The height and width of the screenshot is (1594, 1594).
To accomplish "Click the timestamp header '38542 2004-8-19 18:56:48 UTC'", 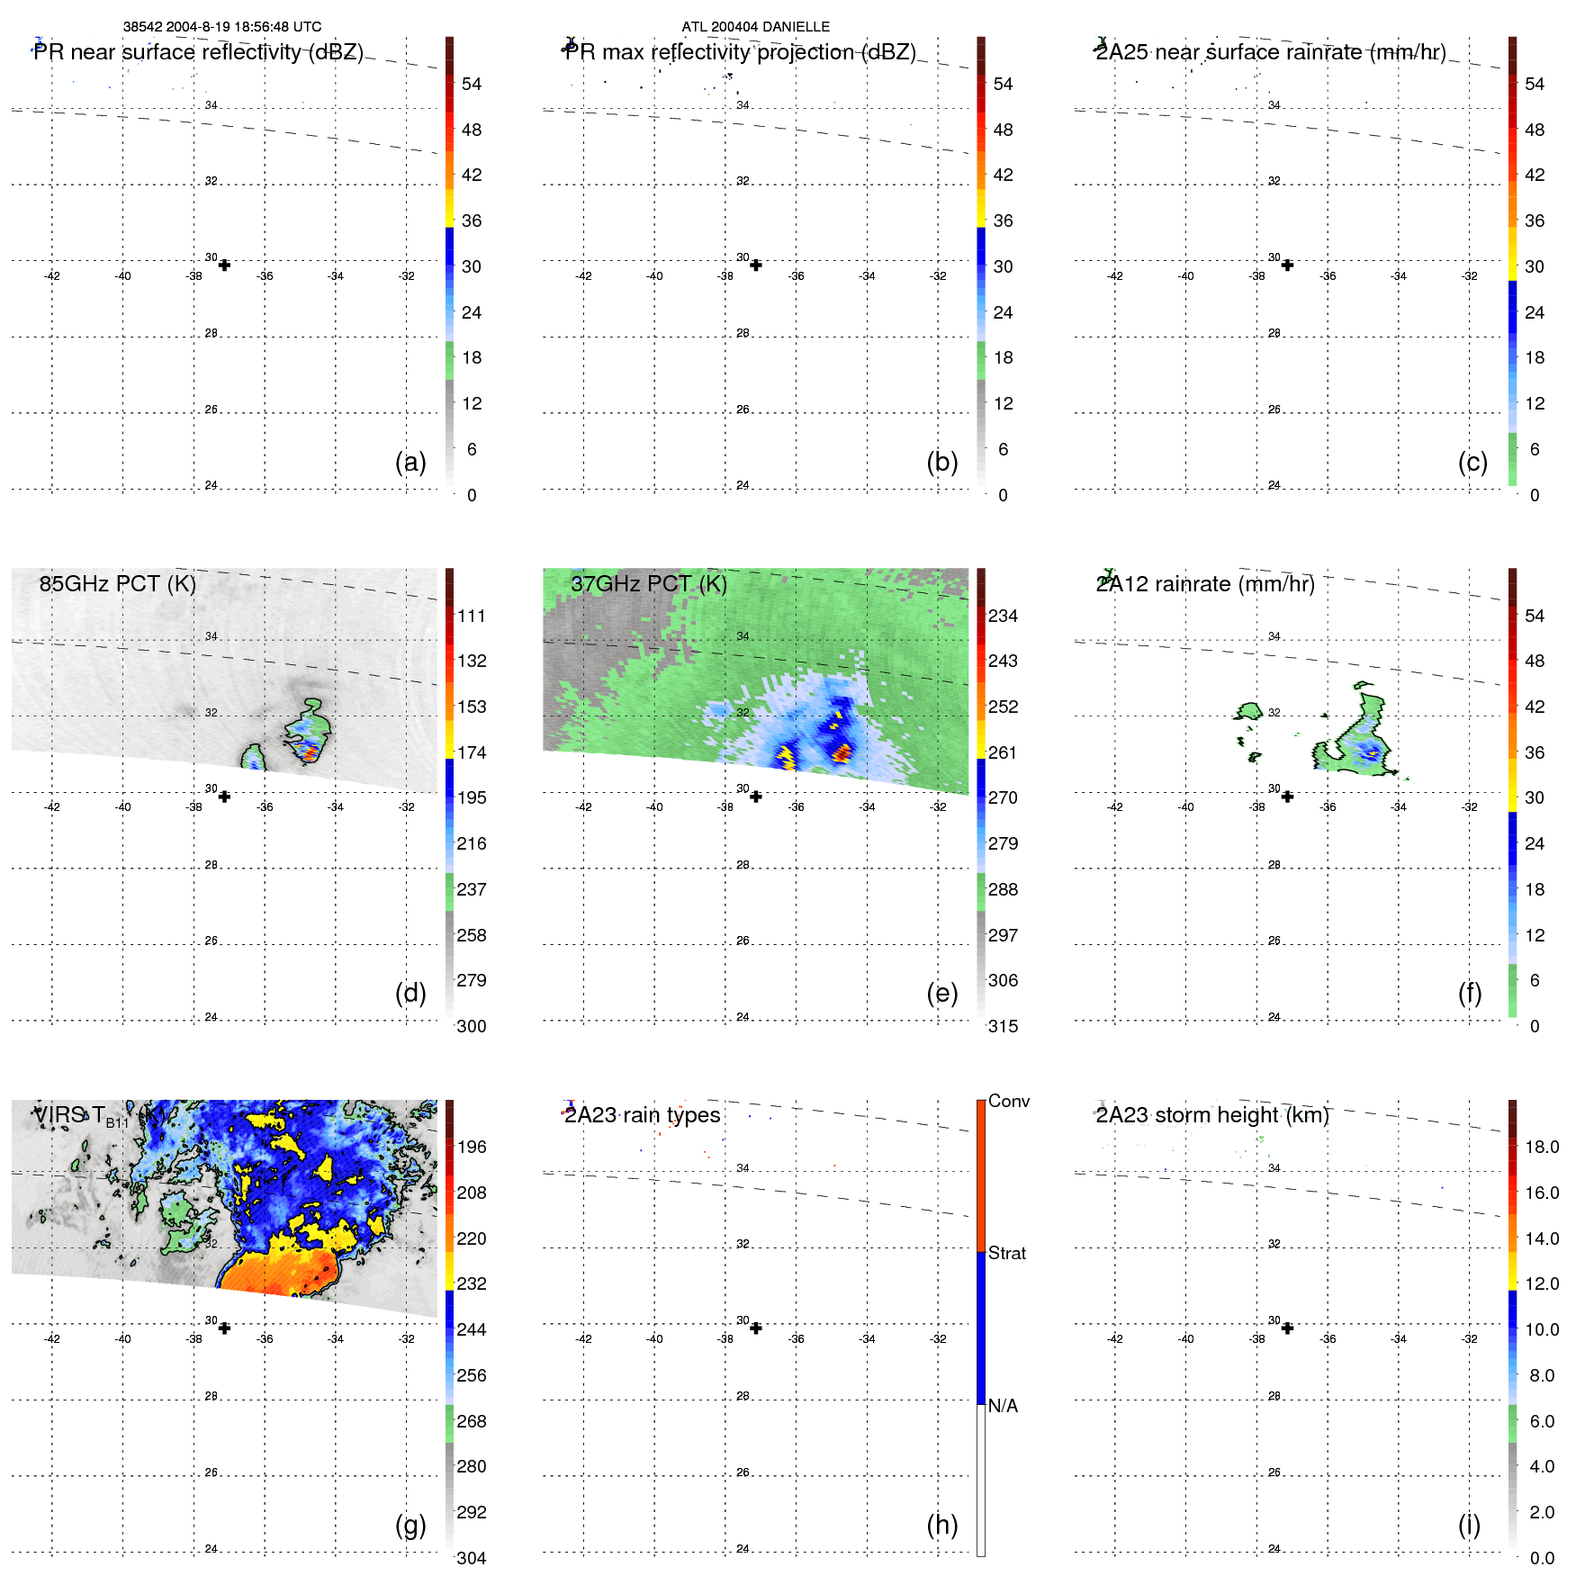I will coord(221,27).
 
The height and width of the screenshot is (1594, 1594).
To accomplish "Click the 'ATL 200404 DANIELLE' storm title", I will coord(755,27).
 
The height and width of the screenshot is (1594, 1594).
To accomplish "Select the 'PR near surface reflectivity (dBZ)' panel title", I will coord(198,52).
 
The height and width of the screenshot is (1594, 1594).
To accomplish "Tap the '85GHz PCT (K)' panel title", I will coord(117,584).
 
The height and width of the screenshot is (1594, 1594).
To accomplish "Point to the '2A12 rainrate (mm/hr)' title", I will coord(1205,584).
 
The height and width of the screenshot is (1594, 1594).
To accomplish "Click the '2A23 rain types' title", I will coord(642,1115).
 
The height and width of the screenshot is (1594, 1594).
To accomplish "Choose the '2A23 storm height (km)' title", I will coord(1211,1115).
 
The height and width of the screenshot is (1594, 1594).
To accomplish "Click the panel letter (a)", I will coord(410,462).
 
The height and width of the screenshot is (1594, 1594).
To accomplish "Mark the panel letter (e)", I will coord(941,993).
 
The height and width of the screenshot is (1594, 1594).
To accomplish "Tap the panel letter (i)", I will coord(1469,1525).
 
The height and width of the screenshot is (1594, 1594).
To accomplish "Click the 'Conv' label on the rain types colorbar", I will coord(1008,1101).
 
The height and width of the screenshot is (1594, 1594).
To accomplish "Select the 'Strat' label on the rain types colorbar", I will coord(1006,1253).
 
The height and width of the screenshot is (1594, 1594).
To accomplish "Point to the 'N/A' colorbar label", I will coord(1003,1406).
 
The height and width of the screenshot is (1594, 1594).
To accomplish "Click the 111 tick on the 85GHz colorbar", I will coord(472,616).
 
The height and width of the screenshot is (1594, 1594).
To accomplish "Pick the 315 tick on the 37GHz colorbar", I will coord(1003,1026).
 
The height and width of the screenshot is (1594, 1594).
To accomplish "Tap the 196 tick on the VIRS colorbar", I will coord(472,1147).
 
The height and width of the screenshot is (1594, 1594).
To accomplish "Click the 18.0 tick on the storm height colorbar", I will coord(1541,1147).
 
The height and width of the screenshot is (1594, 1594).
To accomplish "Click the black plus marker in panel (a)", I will coord(224,266).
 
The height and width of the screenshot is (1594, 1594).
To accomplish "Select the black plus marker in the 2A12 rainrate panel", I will coord(1287,797).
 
